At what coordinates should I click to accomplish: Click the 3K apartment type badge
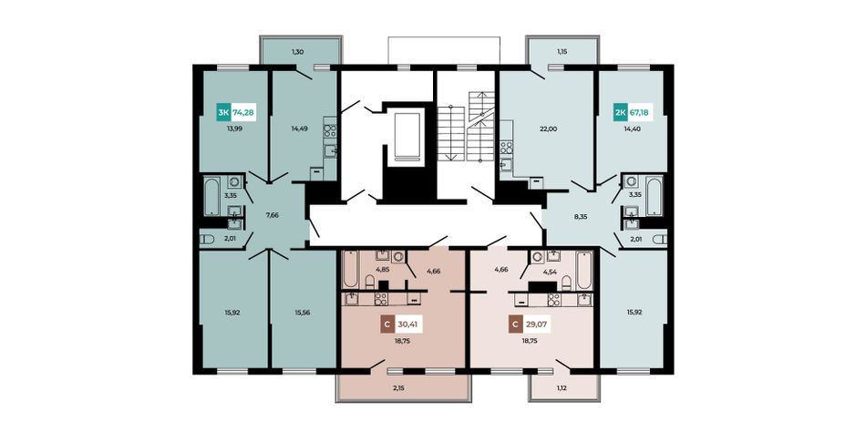[223, 113]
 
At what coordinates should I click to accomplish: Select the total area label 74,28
[243, 113]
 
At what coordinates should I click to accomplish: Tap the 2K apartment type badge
[620, 113]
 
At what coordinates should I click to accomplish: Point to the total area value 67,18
[639, 113]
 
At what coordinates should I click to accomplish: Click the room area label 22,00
[549, 129]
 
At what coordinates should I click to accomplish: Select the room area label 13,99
[234, 129]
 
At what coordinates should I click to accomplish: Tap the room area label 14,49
[299, 129]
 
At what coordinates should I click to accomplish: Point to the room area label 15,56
[303, 312]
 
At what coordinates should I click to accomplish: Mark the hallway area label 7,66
[272, 215]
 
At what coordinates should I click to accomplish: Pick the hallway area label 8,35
[581, 217]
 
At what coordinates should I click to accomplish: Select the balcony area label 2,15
[398, 387]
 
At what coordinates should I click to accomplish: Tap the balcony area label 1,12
[562, 387]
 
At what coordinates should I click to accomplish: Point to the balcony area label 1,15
[562, 51]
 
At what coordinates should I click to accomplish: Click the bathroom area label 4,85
[382, 270]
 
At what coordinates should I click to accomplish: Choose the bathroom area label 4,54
[550, 271]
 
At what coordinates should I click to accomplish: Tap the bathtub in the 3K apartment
[211, 196]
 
